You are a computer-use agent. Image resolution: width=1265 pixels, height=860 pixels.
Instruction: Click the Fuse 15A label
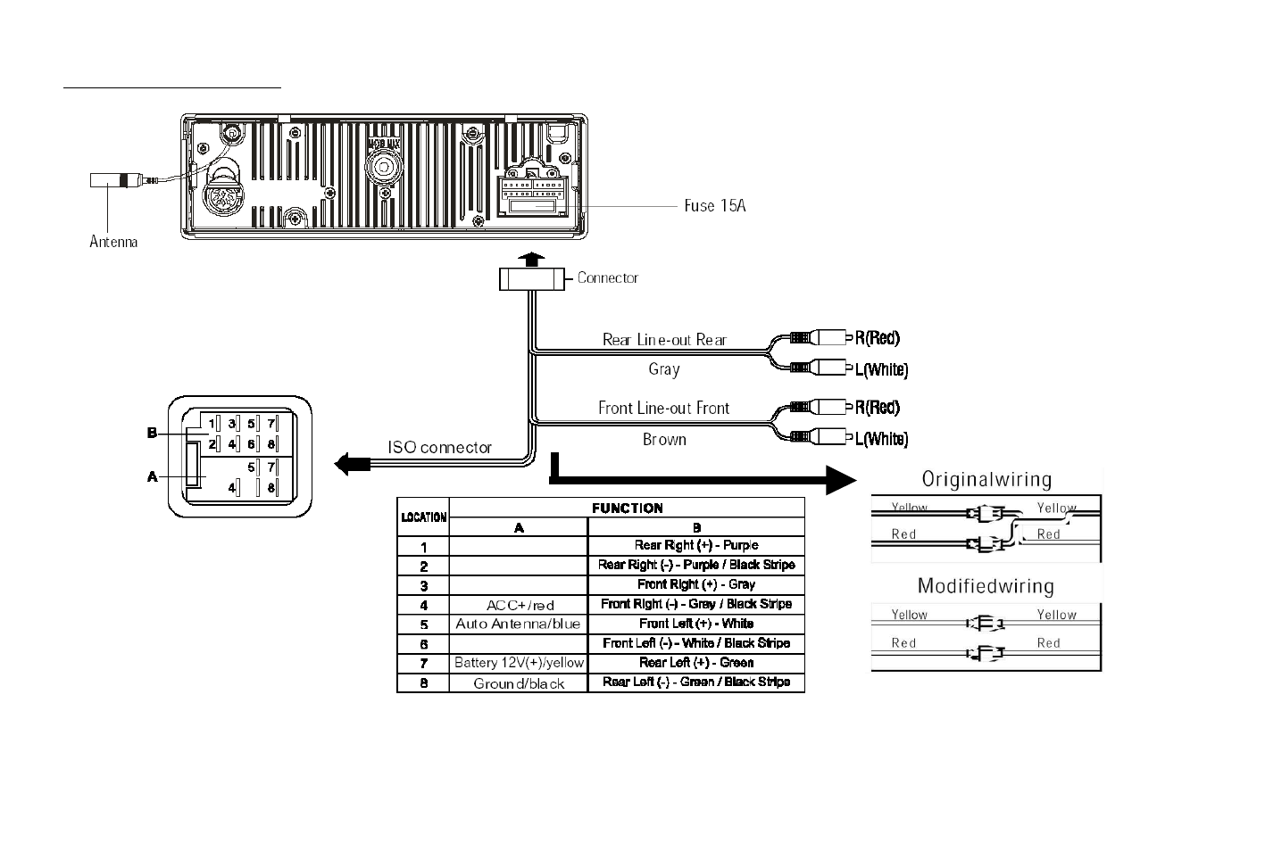pyautogui.click(x=714, y=206)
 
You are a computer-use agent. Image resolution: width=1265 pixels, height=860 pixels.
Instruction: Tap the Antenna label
pyautogui.click(x=113, y=241)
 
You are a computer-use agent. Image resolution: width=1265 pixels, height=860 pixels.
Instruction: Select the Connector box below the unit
pyautogui.click(x=532, y=278)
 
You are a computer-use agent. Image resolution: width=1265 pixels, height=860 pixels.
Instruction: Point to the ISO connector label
pyautogui.click(x=439, y=447)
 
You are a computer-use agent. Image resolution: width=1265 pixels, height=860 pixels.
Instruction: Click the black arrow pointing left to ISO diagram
pyautogui.click(x=352, y=464)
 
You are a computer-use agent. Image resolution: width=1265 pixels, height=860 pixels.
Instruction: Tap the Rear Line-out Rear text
pyautogui.click(x=664, y=339)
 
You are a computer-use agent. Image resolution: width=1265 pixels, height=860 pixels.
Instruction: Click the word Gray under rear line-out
pyautogui.click(x=664, y=368)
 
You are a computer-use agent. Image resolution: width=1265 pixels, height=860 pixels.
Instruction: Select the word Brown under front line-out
pyautogui.click(x=664, y=439)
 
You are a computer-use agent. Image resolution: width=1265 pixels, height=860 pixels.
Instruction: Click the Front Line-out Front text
pyautogui.click(x=663, y=408)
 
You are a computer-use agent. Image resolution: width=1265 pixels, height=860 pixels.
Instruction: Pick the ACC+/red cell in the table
pyautogui.click(x=519, y=605)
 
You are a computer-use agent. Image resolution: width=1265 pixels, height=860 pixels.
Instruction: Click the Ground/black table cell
pyautogui.click(x=519, y=683)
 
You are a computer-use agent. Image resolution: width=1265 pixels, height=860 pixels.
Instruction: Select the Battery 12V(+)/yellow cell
pyautogui.click(x=519, y=663)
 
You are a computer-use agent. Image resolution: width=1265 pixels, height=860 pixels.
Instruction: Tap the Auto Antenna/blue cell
pyautogui.click(x=518, y=624)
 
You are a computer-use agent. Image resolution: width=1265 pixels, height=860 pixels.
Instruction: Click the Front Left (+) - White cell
pyautogui.click(x=696, y=624)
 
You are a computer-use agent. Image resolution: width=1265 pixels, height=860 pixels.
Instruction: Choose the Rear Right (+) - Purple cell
pyautogui.click(x=696, y=545)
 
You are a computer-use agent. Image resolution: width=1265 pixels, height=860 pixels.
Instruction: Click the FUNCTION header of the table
pyautogui.click(x=627, y=508)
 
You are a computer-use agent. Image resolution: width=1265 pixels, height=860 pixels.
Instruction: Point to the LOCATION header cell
pyautogui.click(x=423, y=517)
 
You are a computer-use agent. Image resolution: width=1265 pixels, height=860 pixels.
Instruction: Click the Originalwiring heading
pyautogui.click(x=986, y=479)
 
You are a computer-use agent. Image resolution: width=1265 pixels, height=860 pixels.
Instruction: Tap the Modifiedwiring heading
pyautogui.click(x=986, y=586)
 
